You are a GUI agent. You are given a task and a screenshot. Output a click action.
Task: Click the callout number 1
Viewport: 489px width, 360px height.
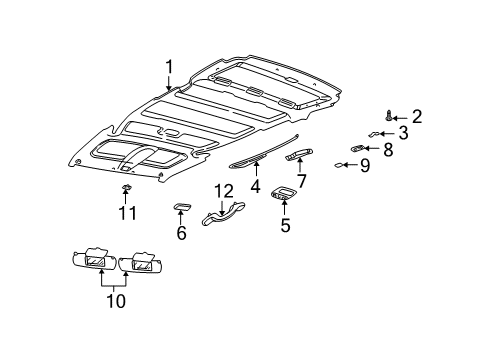tap(169, 67)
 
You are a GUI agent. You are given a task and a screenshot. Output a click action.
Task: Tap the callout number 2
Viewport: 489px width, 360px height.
tap(417, 116)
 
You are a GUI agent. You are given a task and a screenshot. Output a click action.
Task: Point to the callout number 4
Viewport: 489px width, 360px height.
tap(255, 185)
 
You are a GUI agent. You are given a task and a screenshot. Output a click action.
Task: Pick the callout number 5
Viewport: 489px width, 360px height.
tap(284, 226)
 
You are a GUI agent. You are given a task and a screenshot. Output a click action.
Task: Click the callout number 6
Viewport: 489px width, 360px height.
tap(181, 232)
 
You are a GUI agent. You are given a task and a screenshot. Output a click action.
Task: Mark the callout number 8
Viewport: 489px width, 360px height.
tap(388, 149)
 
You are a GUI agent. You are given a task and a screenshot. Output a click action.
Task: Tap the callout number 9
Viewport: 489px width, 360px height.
tap(365, 165)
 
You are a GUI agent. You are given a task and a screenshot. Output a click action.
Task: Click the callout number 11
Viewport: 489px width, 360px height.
tap(126, 212)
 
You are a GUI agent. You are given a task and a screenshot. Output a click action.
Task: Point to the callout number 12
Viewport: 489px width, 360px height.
tap(223, 191)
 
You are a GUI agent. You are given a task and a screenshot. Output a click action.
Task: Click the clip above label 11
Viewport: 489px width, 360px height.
tap(126, 187)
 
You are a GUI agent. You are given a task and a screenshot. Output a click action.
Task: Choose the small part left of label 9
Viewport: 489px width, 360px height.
tap(340, 165)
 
